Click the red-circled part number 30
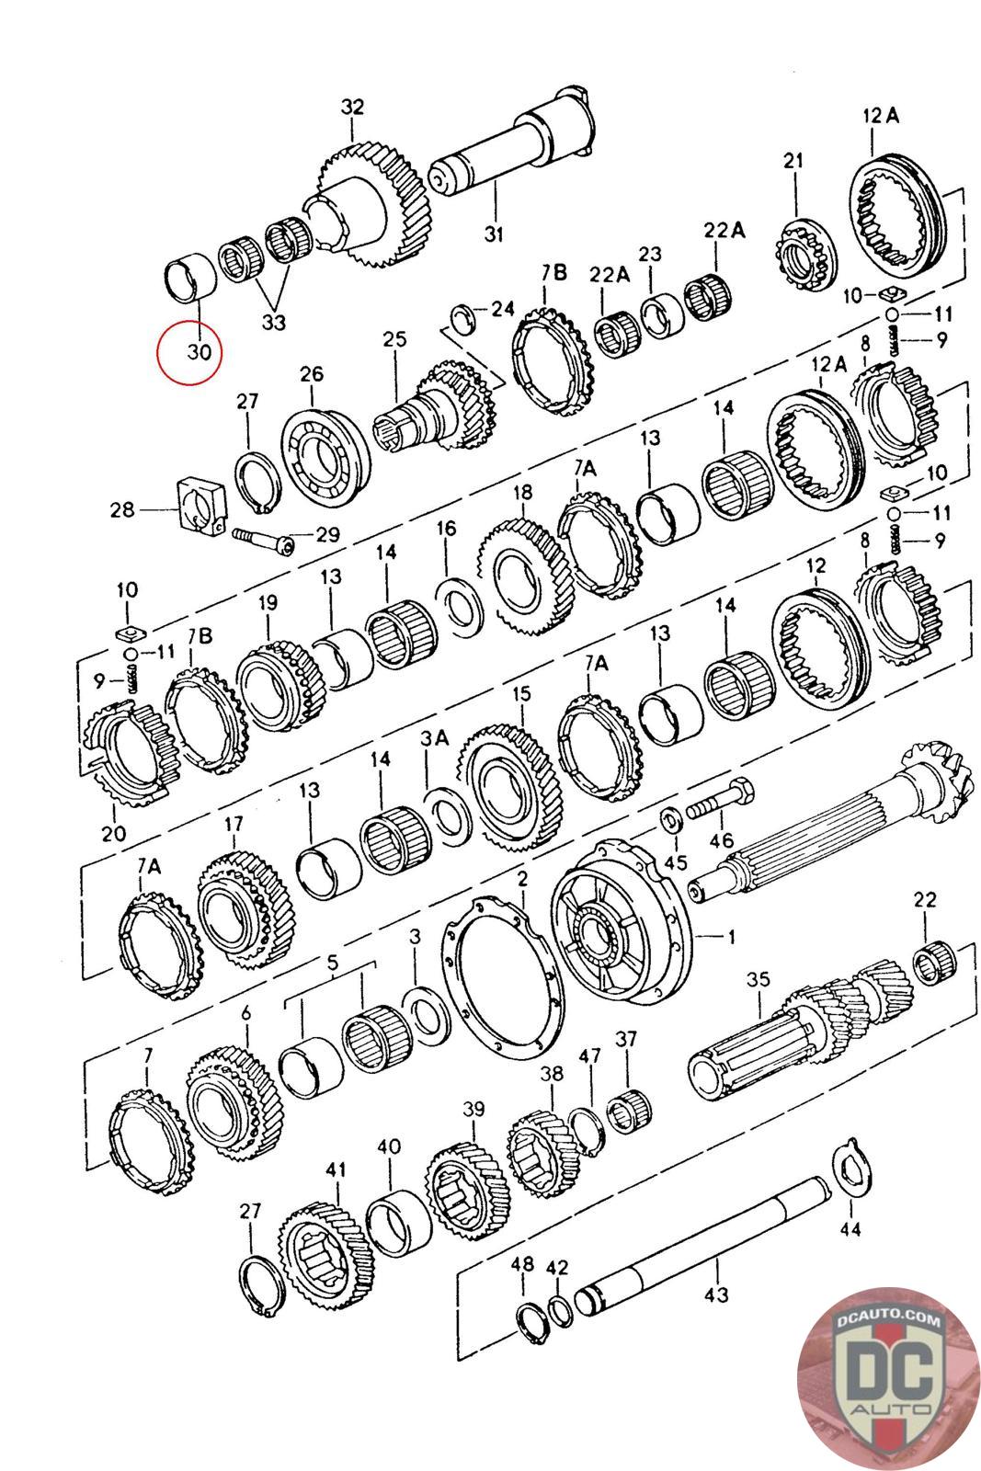(x=200, y=351)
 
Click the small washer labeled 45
(x=670, y=816)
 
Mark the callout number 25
(x=394, y=339)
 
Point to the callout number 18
(x=523, y=494)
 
